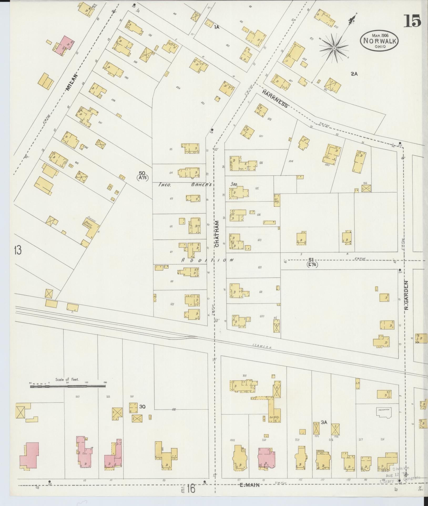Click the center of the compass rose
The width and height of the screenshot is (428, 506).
coord(334,48)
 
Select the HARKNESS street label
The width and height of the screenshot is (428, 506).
coord(275,98)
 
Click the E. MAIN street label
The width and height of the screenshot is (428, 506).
coord(249,485)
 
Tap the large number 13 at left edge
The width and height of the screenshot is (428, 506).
coord(18,250)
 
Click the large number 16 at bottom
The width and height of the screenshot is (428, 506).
coord(191,489)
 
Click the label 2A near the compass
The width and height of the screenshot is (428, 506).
coord(354,74)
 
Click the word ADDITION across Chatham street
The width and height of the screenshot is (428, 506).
coord(207,260)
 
